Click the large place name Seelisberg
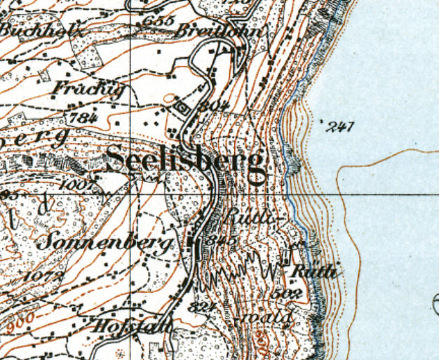tap(187, 163)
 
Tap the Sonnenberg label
tap(104, 243)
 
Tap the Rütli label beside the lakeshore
tap(316, 270)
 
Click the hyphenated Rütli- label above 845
tap(245, 220)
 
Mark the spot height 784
tap(83, 117)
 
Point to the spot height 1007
tap(83, 185)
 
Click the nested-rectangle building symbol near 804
tap(182, 107)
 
